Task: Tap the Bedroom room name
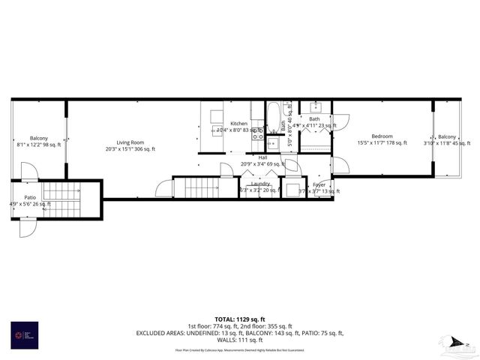[381, 136]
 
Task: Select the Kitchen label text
[238, 123]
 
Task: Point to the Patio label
[30, 197]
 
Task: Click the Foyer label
[319, 184]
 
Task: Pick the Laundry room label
[260, 184]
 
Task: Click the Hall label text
[262, 157]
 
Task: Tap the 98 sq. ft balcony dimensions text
[39, 145]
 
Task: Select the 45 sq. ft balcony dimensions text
[447, 142]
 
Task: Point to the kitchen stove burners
[258, 133]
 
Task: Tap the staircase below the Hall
[200, 187]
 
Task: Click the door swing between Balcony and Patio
[28, 172]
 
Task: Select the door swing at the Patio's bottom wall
[27, 227]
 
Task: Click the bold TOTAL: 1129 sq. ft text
[239, 319]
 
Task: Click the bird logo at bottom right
[454, 343]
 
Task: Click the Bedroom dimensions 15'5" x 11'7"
[381, 142]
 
